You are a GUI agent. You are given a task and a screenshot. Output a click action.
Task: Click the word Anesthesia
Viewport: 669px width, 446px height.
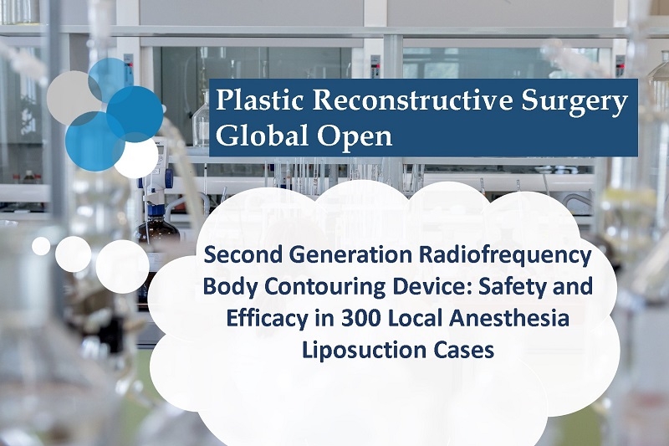[506, 320]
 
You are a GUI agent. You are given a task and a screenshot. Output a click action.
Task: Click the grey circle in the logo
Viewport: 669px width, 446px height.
[73, 98]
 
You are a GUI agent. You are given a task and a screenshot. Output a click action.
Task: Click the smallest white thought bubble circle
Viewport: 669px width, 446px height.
[41, 246]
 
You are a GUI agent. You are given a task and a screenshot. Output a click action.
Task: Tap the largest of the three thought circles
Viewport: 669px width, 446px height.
[122, 266]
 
